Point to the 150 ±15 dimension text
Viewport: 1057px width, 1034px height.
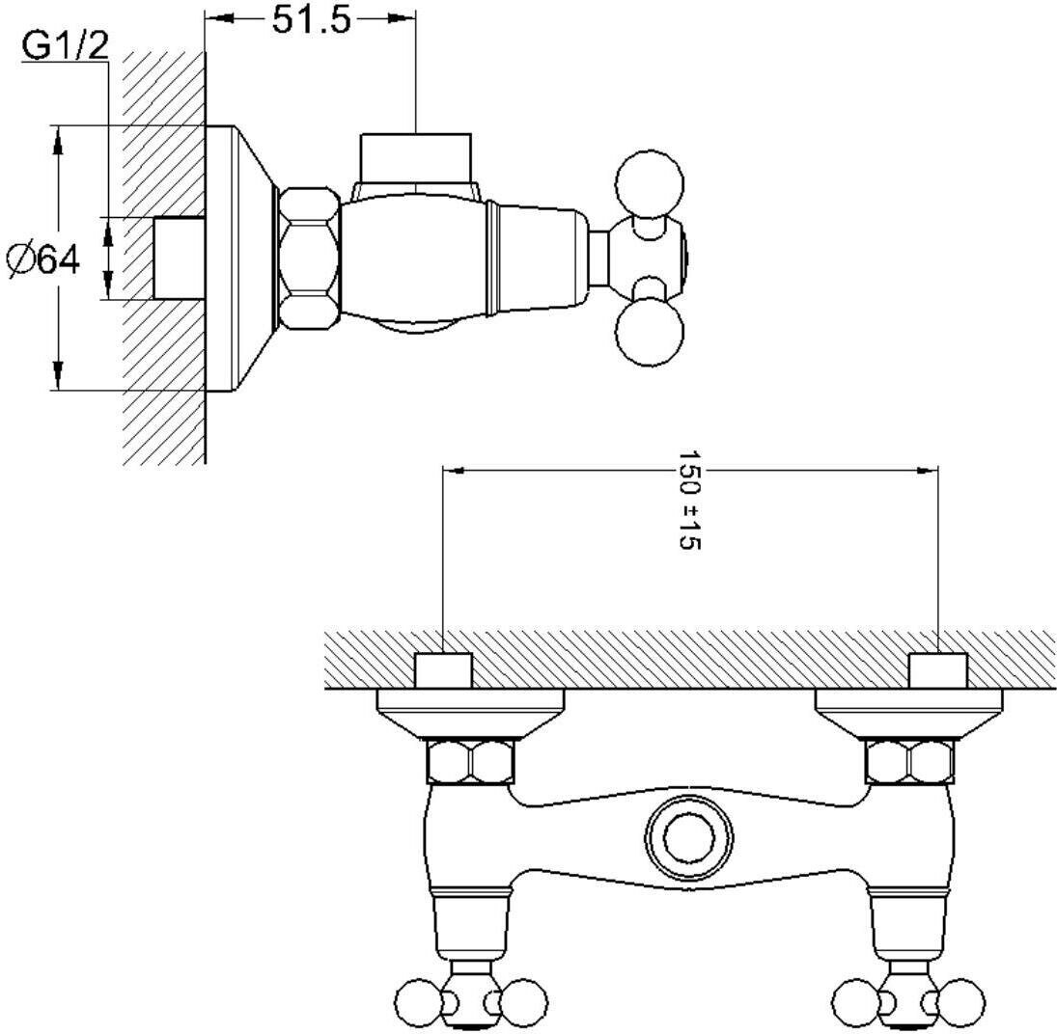point(688,500)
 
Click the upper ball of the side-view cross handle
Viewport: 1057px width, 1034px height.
point(650,180)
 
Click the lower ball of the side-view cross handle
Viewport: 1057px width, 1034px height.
point(650,332)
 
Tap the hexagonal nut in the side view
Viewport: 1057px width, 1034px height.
point(309,257)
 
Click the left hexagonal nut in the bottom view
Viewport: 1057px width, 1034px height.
point(470,762)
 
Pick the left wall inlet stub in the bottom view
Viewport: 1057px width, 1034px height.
point(443,670)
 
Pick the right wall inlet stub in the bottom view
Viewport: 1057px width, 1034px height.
point(938,670)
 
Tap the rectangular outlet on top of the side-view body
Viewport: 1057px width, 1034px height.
point(416,154)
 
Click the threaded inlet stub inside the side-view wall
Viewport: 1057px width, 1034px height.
point(180,258)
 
